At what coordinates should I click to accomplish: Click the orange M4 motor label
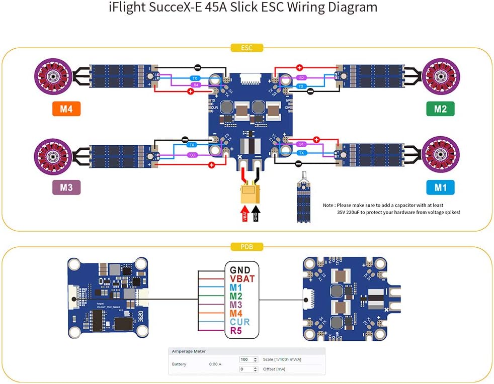click(66, 109)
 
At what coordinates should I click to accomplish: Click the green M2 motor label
click(440, 109)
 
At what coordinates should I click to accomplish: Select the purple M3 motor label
click(66, 187)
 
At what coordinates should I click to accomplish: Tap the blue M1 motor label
click(440, 187)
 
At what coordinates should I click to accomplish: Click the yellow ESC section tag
click(246, 48)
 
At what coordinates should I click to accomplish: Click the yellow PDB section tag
click(246, 247)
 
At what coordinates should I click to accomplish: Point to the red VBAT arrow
click(245, 213)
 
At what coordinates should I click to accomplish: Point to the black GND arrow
click(256, 213)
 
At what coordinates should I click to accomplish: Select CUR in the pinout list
click(240, 322)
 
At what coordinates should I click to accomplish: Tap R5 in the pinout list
click(236, 331)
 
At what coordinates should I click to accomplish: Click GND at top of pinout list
click(240, 269)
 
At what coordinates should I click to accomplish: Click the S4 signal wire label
click(196, 85)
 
